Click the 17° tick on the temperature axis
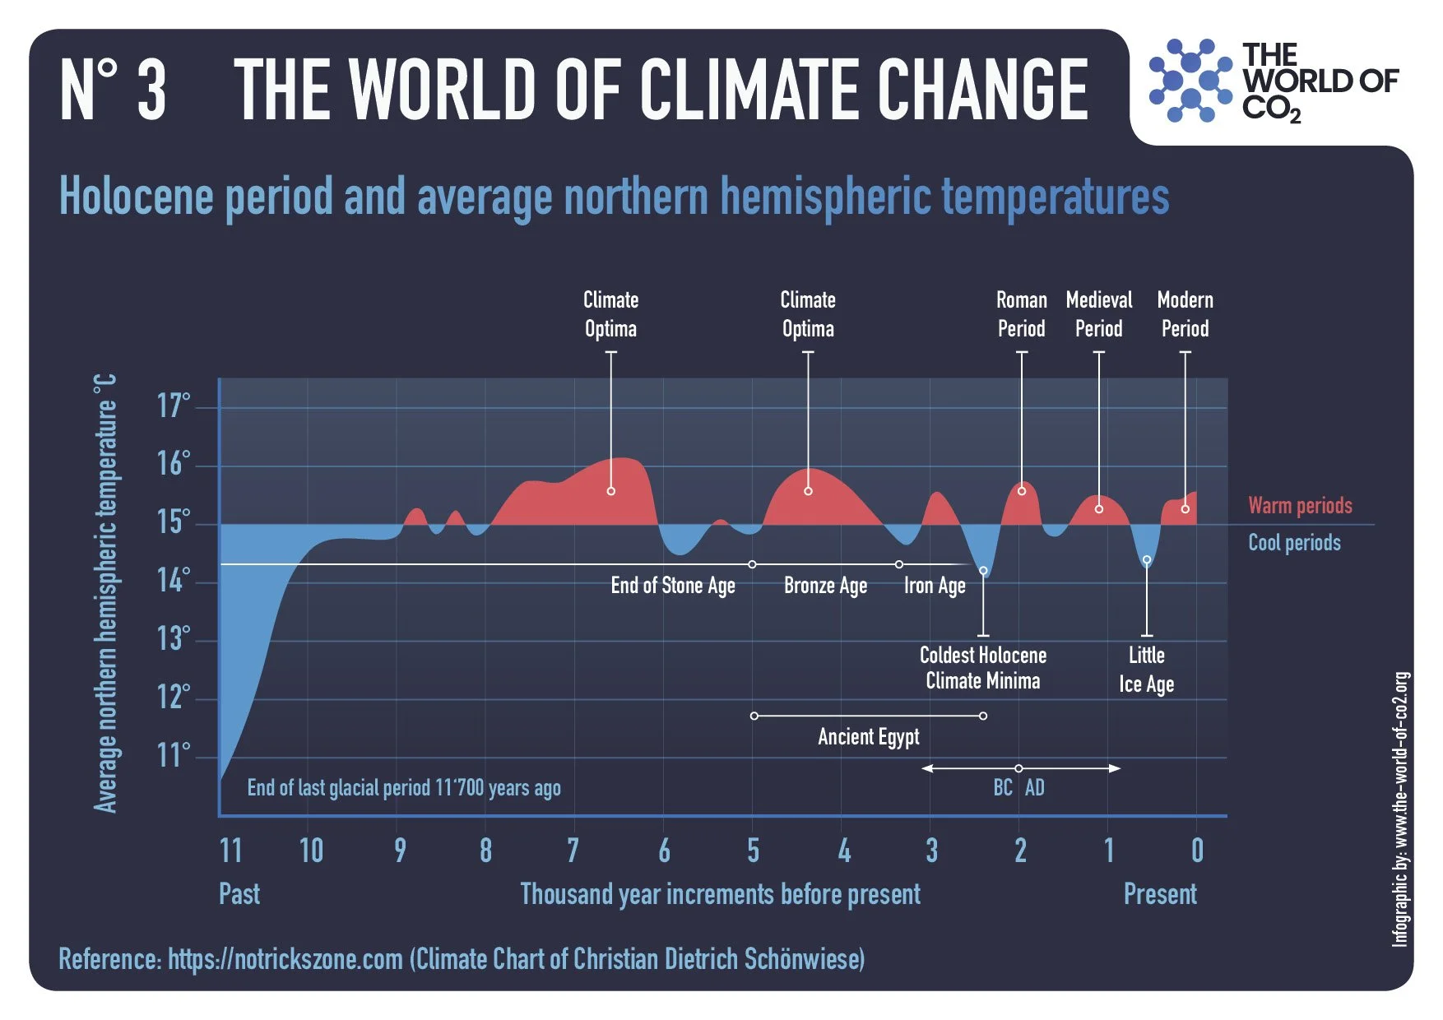[x=174, y=406]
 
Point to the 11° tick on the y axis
[x=174, y=754]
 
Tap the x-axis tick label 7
[x=573, y=851]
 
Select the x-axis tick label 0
[x=1197, y=851]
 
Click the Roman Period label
[x=1021, y=314]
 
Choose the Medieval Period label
[x=1098, y=314]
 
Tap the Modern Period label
[x=1185, y=314]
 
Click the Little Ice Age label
[x=1146, y=670]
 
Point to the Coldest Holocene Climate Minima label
[x=982, y=668]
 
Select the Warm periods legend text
[x=1300, y=505]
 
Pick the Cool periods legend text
[x=1294, y=543]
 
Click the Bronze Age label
[x=825, y=586]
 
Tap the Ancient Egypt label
[x=868, y=736]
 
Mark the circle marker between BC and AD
[x=1018, y=768]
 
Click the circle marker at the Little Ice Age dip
[x=1147, y=560]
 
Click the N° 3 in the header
[x=113, y=90]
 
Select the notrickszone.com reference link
[x=285, y=959]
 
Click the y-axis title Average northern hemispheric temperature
[x=105, y=594]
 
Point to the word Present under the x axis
[x=1159, y=894]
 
